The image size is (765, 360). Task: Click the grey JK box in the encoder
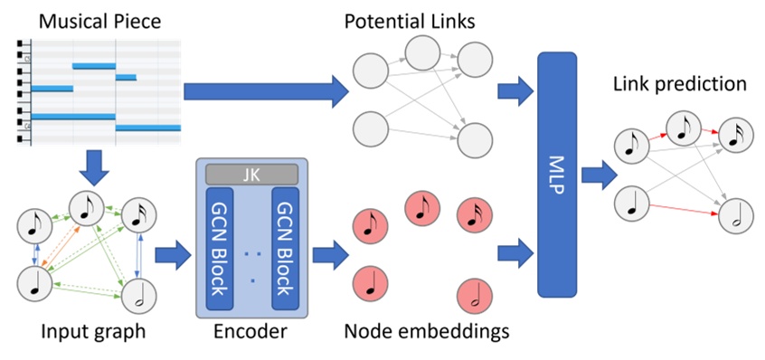(x=251, y=172)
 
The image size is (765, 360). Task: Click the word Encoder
(x=250, y=333)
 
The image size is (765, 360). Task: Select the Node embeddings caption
(x=426, y=333)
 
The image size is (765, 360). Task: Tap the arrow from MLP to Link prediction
(x=594, y=173)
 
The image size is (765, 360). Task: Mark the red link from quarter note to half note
(x=679, y=210)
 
